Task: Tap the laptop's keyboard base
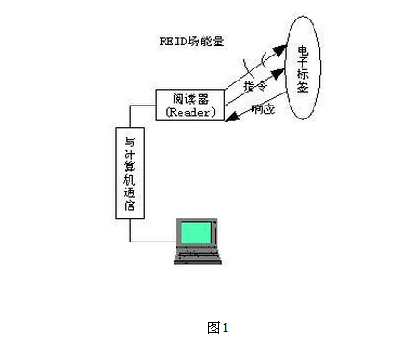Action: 199,258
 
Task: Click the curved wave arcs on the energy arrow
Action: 250,66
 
